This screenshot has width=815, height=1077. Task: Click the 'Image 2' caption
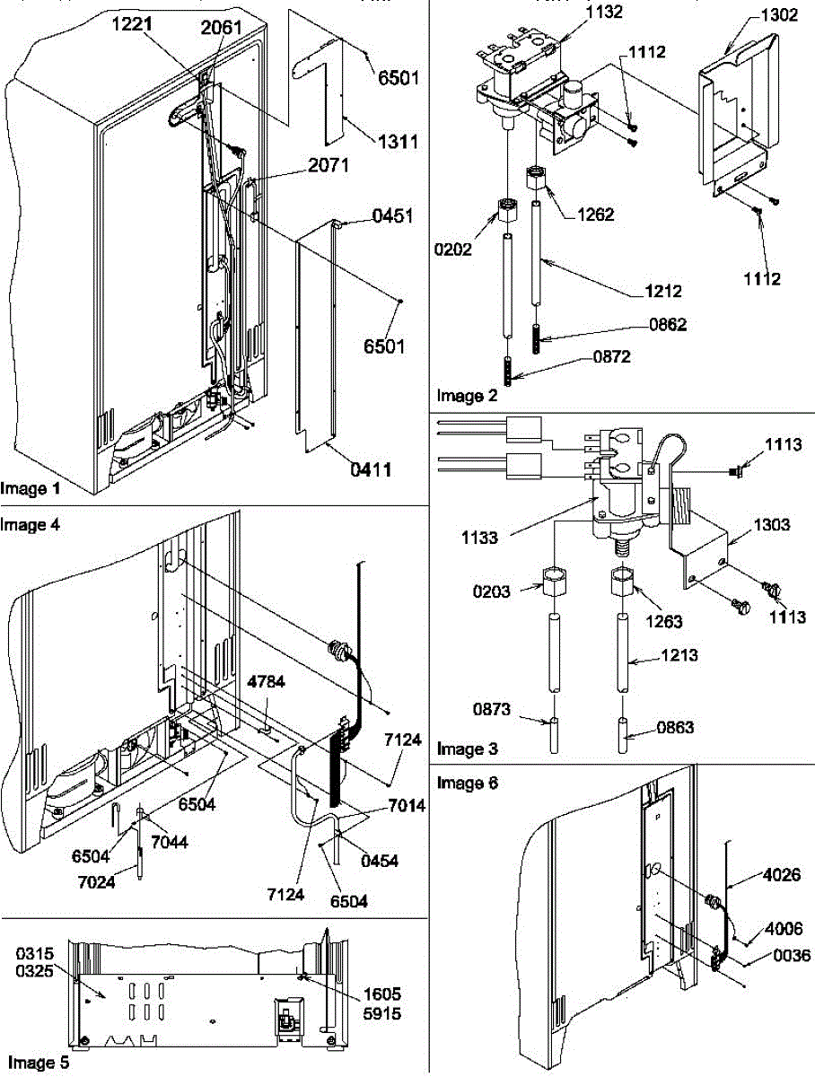(x=466, y=395)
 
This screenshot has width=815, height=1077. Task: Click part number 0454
(x=379, y=861)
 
